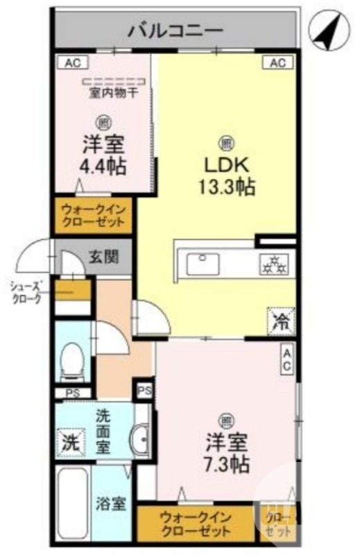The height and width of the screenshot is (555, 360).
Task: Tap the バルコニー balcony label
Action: click(175, 31)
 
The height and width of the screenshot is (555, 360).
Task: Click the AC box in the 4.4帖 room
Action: click(73, 63)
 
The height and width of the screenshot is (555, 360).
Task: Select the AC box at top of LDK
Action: click(277, 63)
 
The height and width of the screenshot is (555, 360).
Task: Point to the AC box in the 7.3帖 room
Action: click(286, 360)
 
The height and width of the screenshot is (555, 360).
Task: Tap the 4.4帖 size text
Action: click(104, 167)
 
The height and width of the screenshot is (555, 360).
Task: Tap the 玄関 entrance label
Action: click(103, 256)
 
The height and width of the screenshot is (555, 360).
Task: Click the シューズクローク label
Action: click(26, 292)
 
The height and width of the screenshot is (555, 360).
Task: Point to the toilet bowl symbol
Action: click(70, 362)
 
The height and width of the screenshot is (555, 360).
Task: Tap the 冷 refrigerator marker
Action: click(280, 321)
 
